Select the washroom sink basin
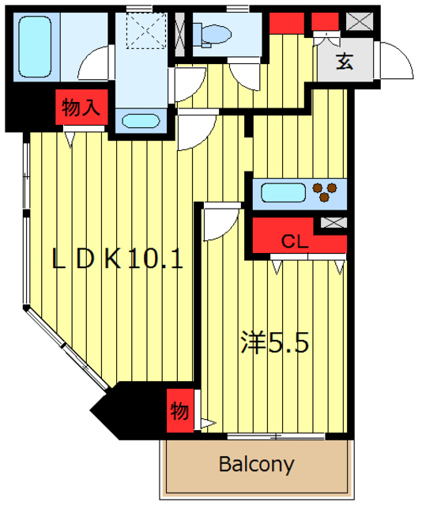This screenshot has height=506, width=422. (142, 122)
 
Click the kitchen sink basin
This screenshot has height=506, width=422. (282, 192)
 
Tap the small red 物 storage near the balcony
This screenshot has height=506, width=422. (179, 411)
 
